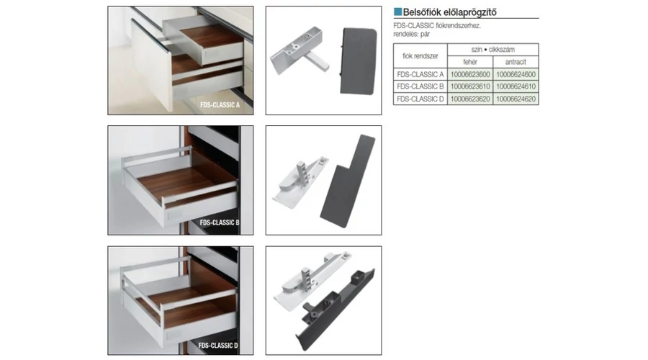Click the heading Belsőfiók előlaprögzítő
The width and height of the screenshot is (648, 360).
[449, 12]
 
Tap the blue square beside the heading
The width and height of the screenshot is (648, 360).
[397, 12]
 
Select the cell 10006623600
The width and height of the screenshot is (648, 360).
[470, 74]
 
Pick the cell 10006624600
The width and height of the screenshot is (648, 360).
[516, 74]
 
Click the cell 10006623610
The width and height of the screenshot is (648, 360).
[470, 86]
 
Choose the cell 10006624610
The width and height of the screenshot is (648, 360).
[516, 86]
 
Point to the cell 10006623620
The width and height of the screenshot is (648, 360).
[470, 99]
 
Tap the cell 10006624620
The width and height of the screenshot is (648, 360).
[516, 99]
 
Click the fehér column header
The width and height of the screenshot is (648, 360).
[470, 62]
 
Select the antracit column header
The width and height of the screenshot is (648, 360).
[516, 62]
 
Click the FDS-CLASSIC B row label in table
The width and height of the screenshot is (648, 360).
[420, 86]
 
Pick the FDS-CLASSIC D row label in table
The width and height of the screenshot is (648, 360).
[420, 99]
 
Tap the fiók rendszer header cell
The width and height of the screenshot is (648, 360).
[420, 55]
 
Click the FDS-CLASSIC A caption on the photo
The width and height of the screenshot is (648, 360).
[220, 105]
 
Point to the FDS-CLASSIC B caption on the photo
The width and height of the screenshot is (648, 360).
[220, 222]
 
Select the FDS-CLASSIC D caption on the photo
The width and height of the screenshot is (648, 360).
[218, 345]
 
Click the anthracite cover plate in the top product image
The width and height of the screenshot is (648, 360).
[358, 60]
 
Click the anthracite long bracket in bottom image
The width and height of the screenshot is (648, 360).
[336, 310]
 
